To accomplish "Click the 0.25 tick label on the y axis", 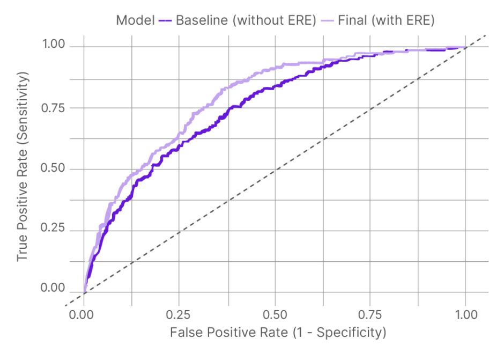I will (x=53, y=229).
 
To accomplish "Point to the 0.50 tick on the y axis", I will (x=53, y=168).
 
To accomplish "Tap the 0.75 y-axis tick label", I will (x=53, y=107).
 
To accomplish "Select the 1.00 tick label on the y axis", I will (x=53, y=46).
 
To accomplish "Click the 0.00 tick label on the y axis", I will (x=53, y=290).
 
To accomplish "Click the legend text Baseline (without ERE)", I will (x=244, y=20).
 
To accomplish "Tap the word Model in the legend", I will (x=135, y=20).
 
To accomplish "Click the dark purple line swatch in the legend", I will (x=164, y=21).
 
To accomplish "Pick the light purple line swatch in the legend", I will (x=327, y=21).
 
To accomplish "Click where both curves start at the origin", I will (x=84, y=292).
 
